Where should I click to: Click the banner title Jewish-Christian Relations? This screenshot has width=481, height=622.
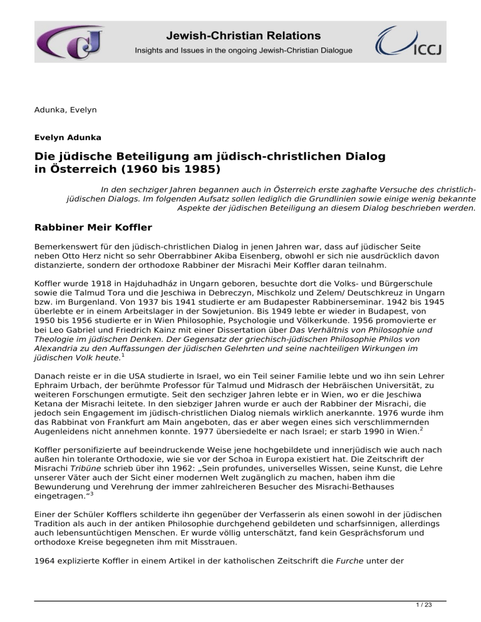[x=243, y=36]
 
